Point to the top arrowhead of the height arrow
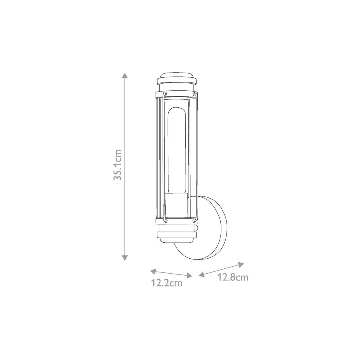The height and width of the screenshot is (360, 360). tap(124, 75)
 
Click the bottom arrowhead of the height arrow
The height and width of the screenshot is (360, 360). tap(124, 258)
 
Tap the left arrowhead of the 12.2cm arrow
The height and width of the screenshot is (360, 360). tap(153, 272)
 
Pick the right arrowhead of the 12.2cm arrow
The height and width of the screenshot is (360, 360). tap(189, 276)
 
